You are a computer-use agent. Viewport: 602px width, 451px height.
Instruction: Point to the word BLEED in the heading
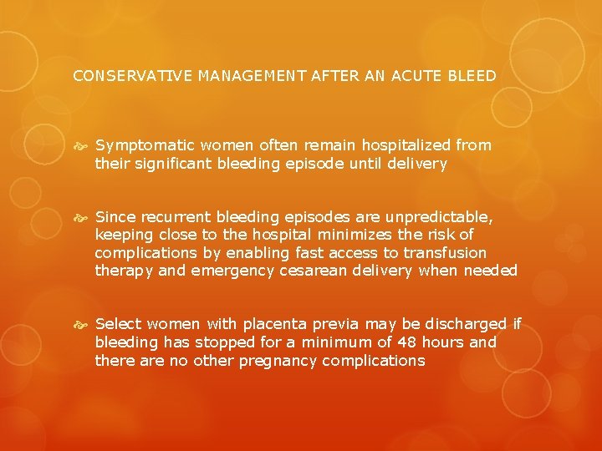474,76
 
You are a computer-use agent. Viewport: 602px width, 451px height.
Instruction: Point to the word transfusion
445,253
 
